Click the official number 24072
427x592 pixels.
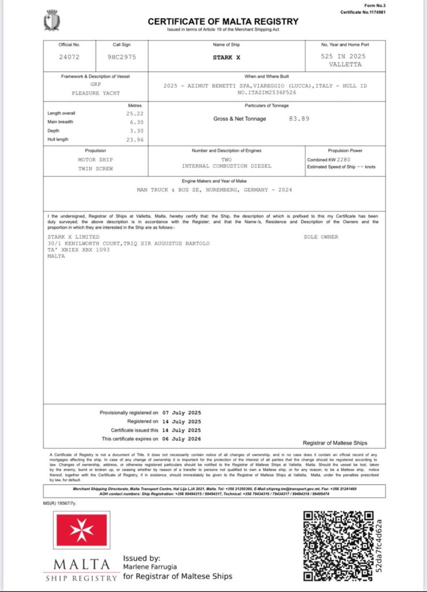click(x=69, y=57)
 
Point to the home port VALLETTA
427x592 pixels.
click(x=344, y=65)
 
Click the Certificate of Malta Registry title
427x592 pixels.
click(x=223, y=21)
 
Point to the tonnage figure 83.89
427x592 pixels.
click(x=299, y=119)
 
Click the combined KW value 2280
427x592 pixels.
click(x=344, y=159)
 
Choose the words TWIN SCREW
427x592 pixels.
click(x=96, y=168)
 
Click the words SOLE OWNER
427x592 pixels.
click(x=321, y=237)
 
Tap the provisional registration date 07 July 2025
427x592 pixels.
click(x=181, y=413)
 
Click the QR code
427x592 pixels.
click(x=339, y=546)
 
